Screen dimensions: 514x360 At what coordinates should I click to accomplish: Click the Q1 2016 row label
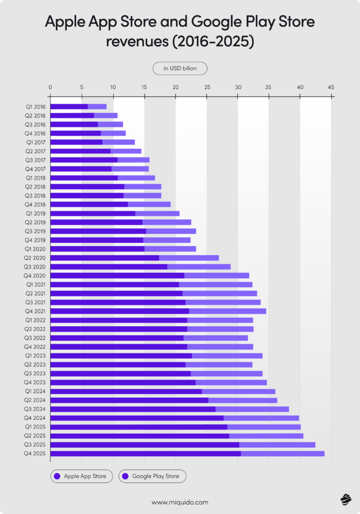click(35, 107)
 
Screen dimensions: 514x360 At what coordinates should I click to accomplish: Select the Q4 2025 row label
click(35, 453)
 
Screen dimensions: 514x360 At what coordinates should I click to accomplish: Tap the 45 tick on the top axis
click(331, 86)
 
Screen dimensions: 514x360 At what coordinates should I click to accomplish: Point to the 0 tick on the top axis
click(50, 86)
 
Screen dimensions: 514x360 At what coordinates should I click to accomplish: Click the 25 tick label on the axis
click(206, 86)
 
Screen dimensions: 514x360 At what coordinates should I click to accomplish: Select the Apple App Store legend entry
click(81, 476)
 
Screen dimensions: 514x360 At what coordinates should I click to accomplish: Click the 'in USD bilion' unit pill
click(180, 68)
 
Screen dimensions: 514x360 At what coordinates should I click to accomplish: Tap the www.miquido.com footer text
click(180, 502)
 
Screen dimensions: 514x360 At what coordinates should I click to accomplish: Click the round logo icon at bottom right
click(345, 499)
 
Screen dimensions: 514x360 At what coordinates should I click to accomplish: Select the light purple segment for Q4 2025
click(282, 453)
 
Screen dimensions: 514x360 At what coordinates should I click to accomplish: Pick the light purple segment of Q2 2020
click(189, 257)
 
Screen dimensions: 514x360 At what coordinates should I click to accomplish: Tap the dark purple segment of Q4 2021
click(119, 311)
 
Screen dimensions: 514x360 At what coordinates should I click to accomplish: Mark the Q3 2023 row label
click(35, 373)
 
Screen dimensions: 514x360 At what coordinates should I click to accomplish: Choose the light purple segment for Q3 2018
click(142, 195)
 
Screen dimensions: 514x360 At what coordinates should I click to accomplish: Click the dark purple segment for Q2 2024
click(129, 400)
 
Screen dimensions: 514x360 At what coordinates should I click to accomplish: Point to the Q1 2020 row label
click(35, 249)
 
